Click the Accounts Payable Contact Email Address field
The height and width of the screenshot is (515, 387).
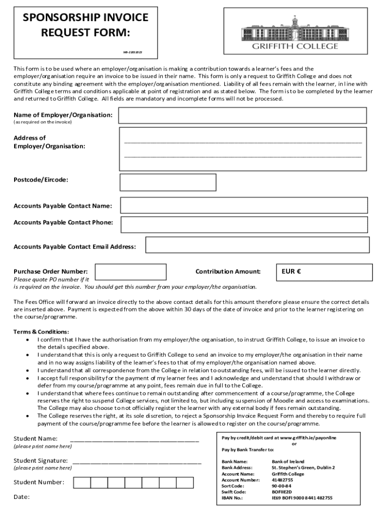(257, 245)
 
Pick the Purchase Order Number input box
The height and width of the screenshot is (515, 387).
(131, 272)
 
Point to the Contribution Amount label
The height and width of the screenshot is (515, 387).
(228, 272)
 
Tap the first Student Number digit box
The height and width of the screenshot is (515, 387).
(82, 483)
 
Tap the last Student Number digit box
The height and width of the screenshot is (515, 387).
(184, 483)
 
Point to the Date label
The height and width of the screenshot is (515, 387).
(22, 497)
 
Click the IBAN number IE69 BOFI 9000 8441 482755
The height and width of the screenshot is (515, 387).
(302, 498)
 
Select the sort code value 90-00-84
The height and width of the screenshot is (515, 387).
(281, 486)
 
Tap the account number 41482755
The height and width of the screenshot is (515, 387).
(282, 480)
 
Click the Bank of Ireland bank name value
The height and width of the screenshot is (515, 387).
(288, 461)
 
